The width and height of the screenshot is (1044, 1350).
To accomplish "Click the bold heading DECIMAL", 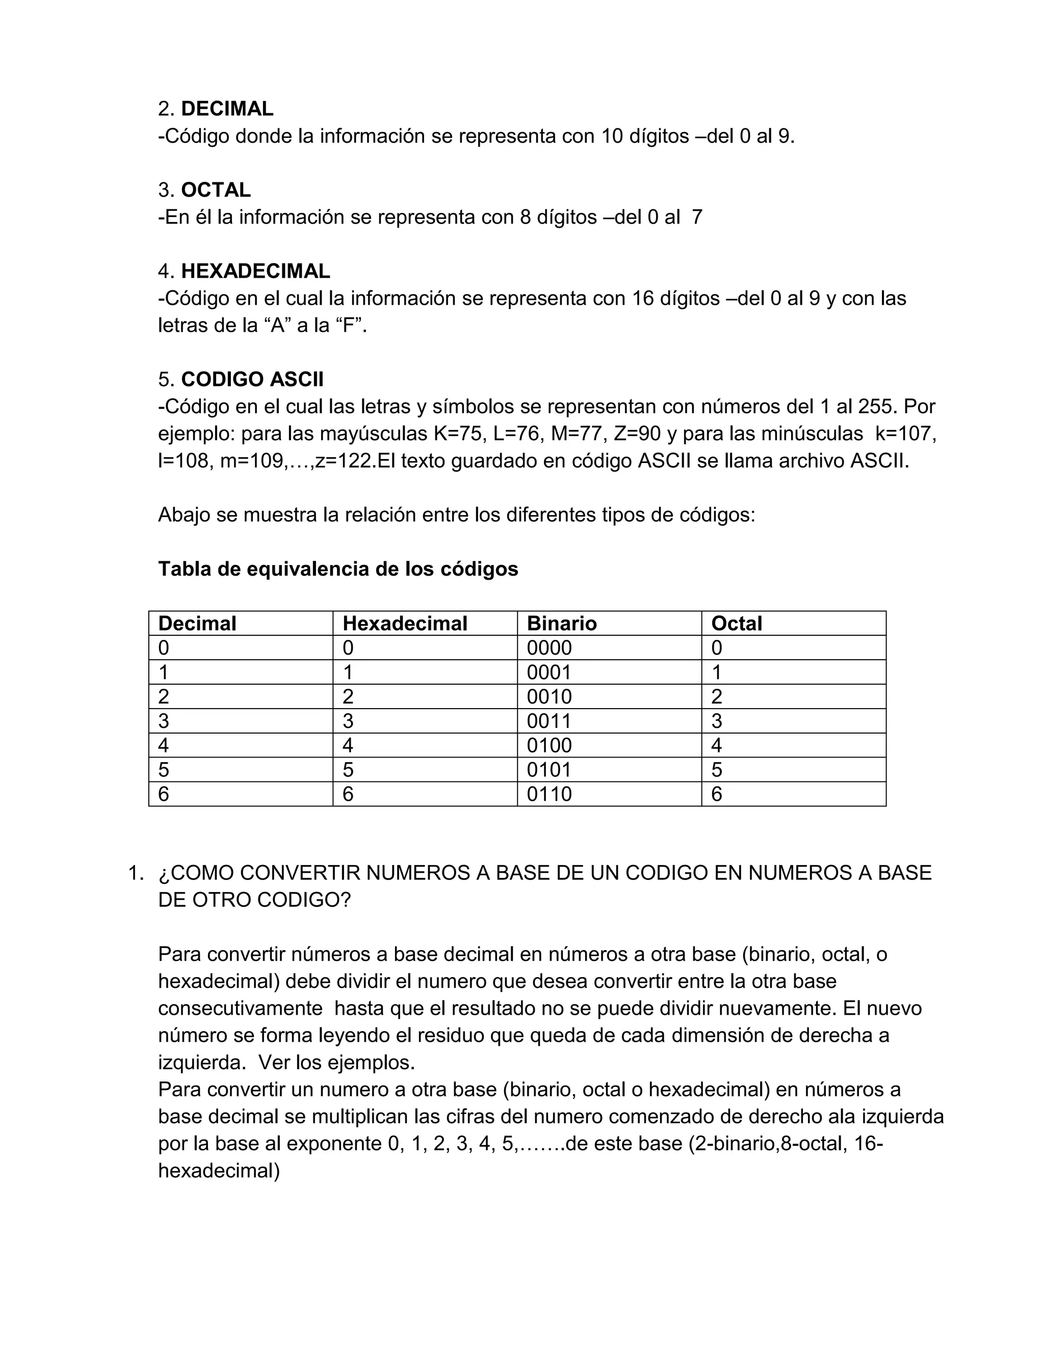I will [227, 109].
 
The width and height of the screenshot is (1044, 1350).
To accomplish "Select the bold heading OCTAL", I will [216, 190].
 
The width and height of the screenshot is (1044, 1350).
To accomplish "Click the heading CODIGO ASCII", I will [252, 379].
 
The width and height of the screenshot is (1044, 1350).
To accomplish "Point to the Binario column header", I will [562, 623].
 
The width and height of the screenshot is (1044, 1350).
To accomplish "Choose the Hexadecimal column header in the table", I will [405, 623].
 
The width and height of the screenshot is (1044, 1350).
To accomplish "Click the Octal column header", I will [737, 623].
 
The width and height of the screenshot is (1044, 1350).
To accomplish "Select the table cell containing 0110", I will [549, 794].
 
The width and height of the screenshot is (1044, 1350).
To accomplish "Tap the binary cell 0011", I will [549, 721].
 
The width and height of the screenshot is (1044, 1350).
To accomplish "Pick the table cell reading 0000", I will [549, 648].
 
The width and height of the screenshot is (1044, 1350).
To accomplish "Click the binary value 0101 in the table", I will [549, 770].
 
